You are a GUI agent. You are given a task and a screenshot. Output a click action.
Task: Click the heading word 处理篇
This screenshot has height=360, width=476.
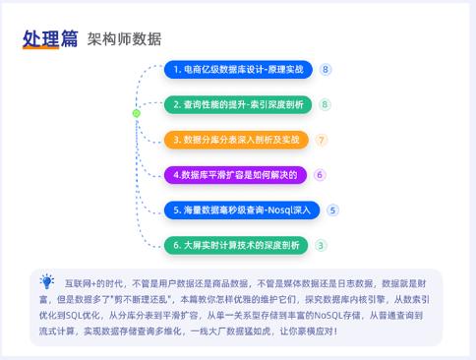50,38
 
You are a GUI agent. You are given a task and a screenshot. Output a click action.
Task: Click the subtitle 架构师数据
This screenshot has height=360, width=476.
124,39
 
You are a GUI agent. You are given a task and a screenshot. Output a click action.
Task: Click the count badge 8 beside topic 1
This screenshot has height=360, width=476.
326,70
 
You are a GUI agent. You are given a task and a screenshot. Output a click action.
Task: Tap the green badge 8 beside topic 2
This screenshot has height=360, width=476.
325,104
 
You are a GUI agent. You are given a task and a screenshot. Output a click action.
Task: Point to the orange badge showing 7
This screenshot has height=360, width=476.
322,140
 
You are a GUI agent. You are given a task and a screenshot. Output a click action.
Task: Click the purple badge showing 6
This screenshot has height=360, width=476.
320,175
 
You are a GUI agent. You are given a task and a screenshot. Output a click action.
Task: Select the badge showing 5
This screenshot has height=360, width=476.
333,210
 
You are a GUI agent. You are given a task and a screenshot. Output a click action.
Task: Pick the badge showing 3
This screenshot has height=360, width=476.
322,244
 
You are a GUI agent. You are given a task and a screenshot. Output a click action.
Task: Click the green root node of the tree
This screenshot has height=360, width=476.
136,114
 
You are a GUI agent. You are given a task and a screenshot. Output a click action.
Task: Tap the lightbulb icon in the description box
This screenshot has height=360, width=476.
47,281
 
